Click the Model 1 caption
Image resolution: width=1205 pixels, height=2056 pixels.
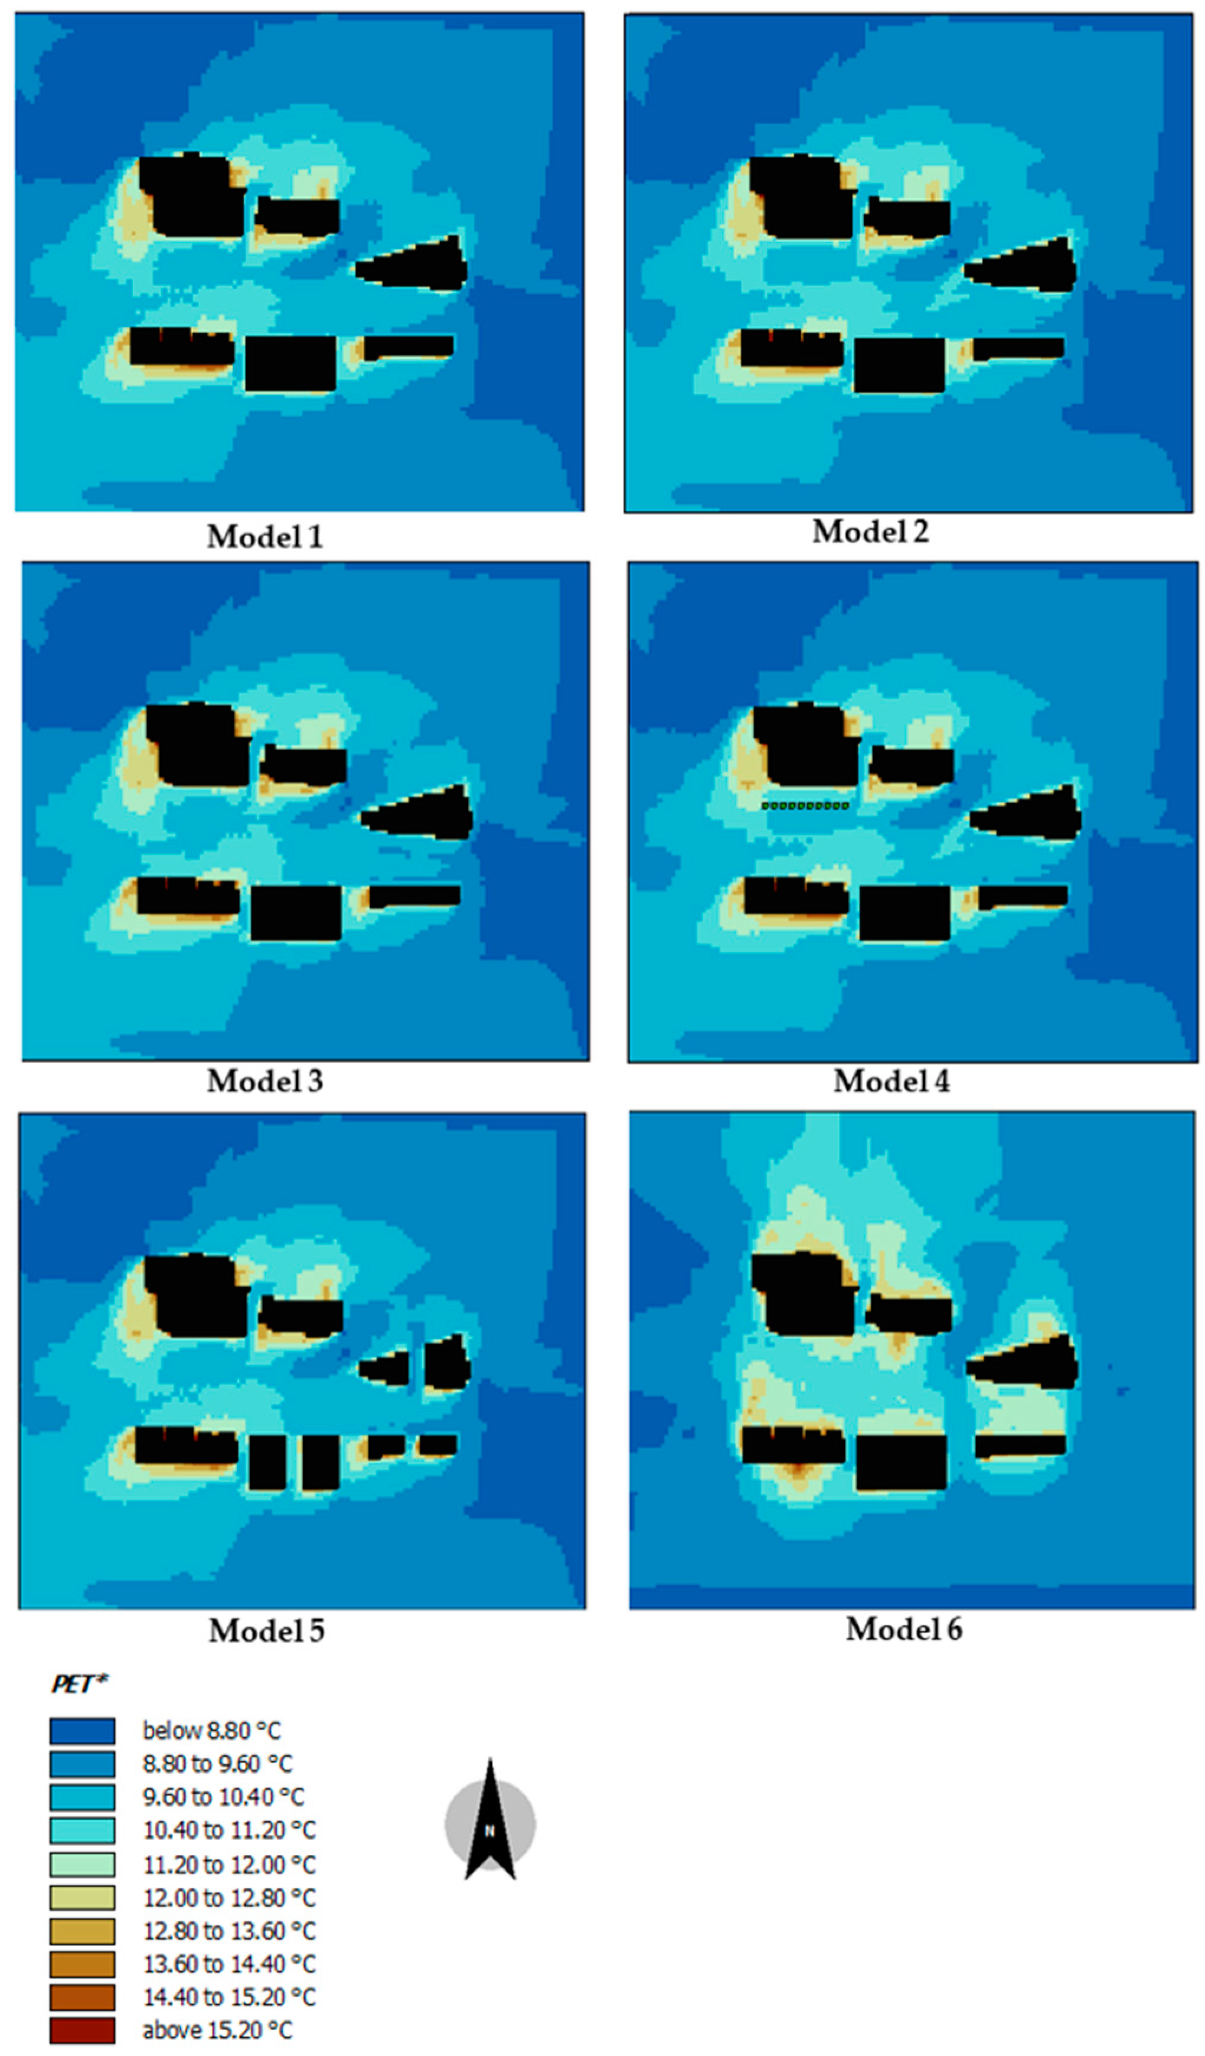click(265, 537)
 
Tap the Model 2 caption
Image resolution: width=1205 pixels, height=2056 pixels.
click(870, 532)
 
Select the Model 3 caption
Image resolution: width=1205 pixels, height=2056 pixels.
click(265, 1081)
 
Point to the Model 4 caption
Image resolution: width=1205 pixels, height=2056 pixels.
click(891, 1082)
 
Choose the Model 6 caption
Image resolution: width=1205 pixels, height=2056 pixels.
click(904, 1629)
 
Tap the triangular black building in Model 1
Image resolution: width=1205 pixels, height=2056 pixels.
click(416, 265)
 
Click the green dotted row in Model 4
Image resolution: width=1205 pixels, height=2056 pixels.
click(805, 805)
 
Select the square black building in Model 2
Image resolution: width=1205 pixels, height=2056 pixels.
click(900, 365)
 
